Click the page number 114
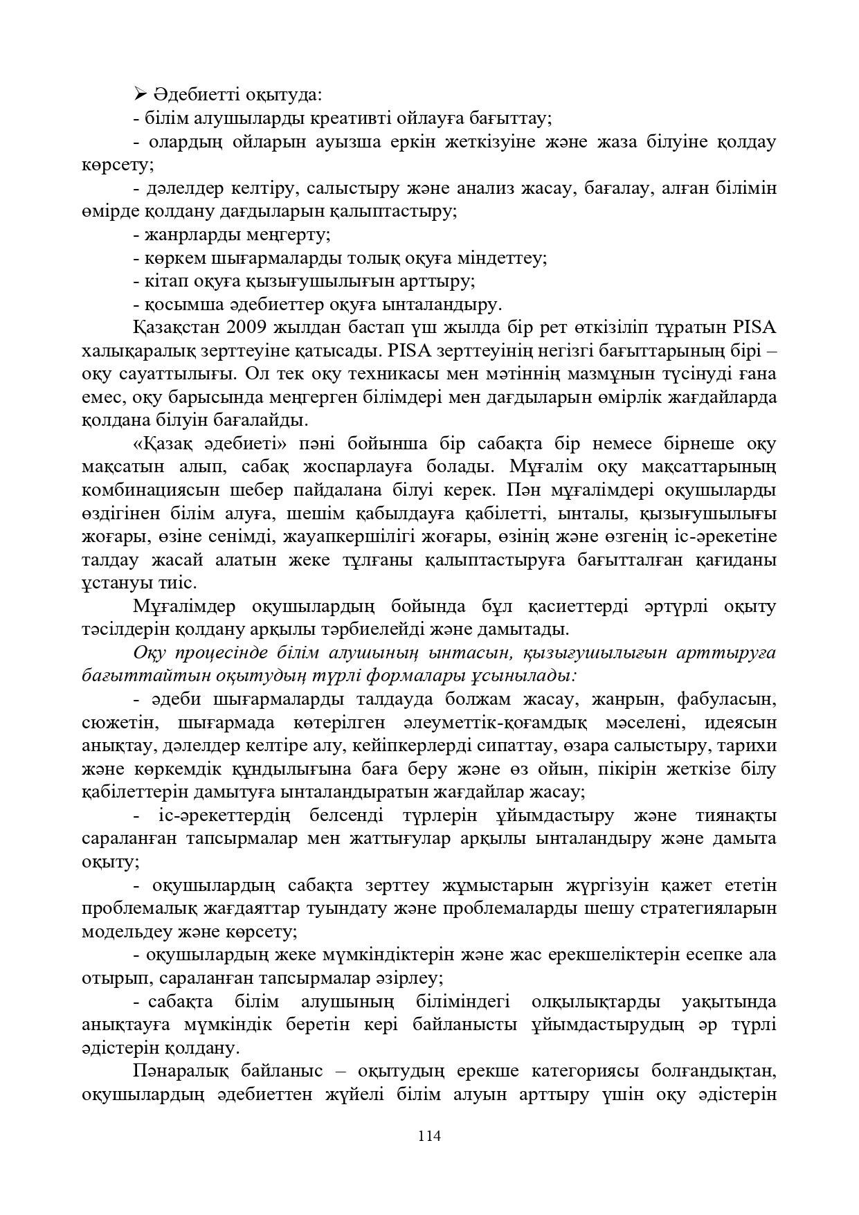click(429, 1135)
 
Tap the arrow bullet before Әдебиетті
click(139, 94)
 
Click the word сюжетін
click(120, 723)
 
